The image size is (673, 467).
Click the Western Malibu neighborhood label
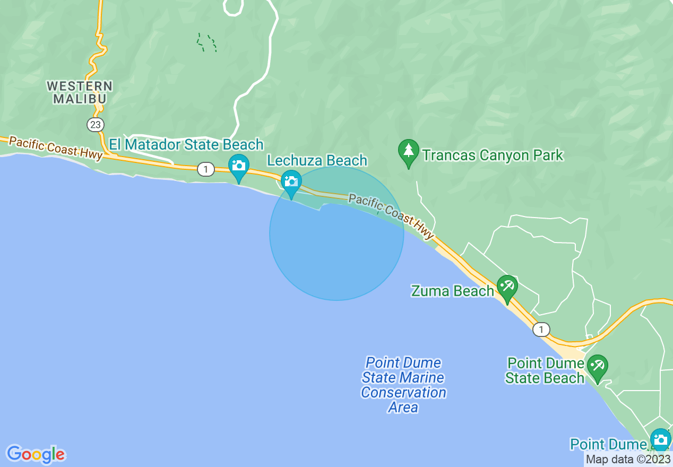coord(80,92)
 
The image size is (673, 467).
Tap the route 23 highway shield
coord(96,125)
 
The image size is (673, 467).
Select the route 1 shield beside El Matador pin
coord(205,169)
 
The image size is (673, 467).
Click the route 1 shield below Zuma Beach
coord(541,330)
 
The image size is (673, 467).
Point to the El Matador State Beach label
coord(186,144)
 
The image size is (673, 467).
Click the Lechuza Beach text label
coord(317,160)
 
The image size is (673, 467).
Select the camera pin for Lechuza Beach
coord(291,182)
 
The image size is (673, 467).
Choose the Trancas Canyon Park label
coord(493,155)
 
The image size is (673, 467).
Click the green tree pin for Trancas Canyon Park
coord(408,151)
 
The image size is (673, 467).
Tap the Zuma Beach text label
coord(453,291)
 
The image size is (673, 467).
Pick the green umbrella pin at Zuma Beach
coord(507,287)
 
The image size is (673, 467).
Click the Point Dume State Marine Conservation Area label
coord(403,385)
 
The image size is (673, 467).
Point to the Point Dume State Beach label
coord(545,370)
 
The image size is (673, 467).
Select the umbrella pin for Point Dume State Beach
coord(598,366)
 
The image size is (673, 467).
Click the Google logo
coord(36,454)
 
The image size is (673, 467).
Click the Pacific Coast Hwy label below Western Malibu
coord(56,148)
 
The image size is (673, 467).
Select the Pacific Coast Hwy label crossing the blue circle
coord(391,216)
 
